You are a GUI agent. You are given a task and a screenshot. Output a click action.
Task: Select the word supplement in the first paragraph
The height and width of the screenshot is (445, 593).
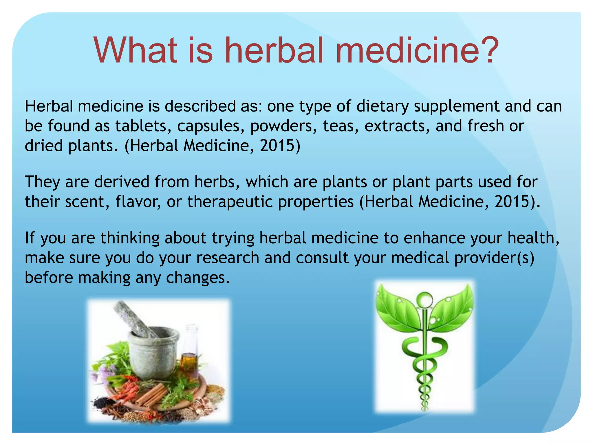[456, 106]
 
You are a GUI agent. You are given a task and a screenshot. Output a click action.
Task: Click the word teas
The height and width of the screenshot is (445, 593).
[338, 126]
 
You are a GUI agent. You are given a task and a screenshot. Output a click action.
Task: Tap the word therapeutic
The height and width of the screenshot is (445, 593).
[230, 202]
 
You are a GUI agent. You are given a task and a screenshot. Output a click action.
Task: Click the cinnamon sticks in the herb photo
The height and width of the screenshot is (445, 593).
[151, 394]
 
